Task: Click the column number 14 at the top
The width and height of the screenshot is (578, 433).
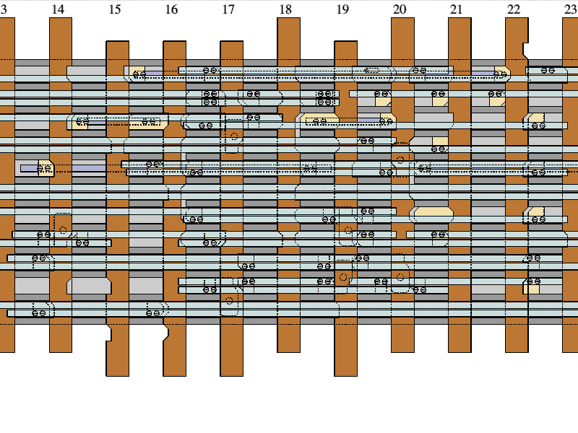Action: pyautogui.click(x=58, y=9)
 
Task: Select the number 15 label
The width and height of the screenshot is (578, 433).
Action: pyautogui.click(x=115, y=9)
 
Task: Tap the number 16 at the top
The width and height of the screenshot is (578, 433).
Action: pyautogui.click(x=171, y=9)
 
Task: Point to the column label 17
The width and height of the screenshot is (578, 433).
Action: pyautogui.click(x=228, y=9)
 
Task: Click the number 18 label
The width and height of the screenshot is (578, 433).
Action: pyautogui.click(x=285, y=9)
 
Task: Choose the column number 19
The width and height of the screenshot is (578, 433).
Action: pyautogui.click(x=342, y=9)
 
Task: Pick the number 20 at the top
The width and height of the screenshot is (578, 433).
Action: pyautogui.click(x=400, y=9)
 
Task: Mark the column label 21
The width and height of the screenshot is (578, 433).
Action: pyautogui.click(x=456, y=9)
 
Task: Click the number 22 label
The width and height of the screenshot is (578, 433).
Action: pyautogui.click(x=513, y=9)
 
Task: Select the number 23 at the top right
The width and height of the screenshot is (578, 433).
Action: pyautogui.click(x=570, y=9)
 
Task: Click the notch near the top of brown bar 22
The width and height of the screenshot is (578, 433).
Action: pyautogui.click(x=525, y=51)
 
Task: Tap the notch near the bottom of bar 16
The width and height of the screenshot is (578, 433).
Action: pyautogui.click(x=166, y=333)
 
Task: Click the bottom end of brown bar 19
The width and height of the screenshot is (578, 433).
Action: pyautogui.click(x=345, y=375)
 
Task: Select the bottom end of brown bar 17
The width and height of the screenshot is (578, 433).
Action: pyautogui.click(x=231, y=375)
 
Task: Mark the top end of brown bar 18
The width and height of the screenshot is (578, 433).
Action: pyautogui.click(x=288, y=19)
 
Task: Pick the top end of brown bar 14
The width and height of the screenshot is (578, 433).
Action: pyautogui.click(x=61, y=19)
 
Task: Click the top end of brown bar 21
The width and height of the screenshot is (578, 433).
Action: pyautogui.click(x=460, y=19)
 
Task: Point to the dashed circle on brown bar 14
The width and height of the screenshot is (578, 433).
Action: pyautogui.click(x=63, y=230)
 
